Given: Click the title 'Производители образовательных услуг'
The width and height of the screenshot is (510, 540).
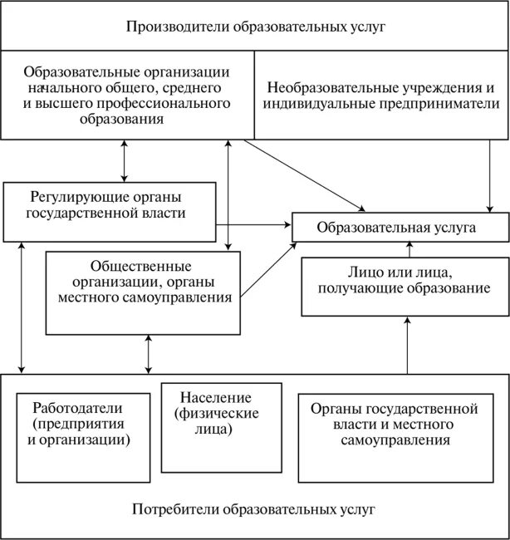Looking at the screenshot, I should pyautogui.click(x=256, y=27).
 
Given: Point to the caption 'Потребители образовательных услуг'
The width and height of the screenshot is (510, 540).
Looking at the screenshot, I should pyautogui.click(x=256, y=507).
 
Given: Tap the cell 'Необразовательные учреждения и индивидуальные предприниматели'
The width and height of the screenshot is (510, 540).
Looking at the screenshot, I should pyautogui.click(x=380, y=96).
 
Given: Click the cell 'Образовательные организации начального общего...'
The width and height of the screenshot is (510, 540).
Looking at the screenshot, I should pyautogui.click(x=127, y=96).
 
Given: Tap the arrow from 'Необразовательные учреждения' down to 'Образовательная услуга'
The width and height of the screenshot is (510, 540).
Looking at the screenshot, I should pyautogui.click(x=488, y=174).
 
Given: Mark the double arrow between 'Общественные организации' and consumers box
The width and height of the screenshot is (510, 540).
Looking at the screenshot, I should pyautogui.click(x=149, y=356).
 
